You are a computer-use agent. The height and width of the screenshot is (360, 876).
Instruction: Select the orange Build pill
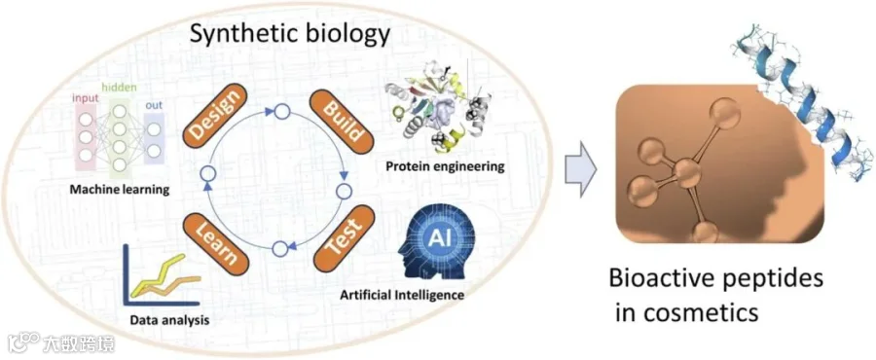point(341,118)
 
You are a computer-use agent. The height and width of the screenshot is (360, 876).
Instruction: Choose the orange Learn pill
point(215,241)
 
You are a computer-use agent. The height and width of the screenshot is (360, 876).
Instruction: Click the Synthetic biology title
point(289,35)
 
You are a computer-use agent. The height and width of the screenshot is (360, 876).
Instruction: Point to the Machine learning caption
point(120,190)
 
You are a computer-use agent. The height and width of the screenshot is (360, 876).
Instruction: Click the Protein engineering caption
point(445,166)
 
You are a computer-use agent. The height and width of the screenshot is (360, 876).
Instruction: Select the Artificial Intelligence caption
point(402,294)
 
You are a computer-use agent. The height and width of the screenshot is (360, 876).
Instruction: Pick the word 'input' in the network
point(86,99)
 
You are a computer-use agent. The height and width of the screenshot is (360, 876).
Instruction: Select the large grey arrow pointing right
point(580,169)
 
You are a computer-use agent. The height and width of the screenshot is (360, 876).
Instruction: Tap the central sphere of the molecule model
point(686,172)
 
